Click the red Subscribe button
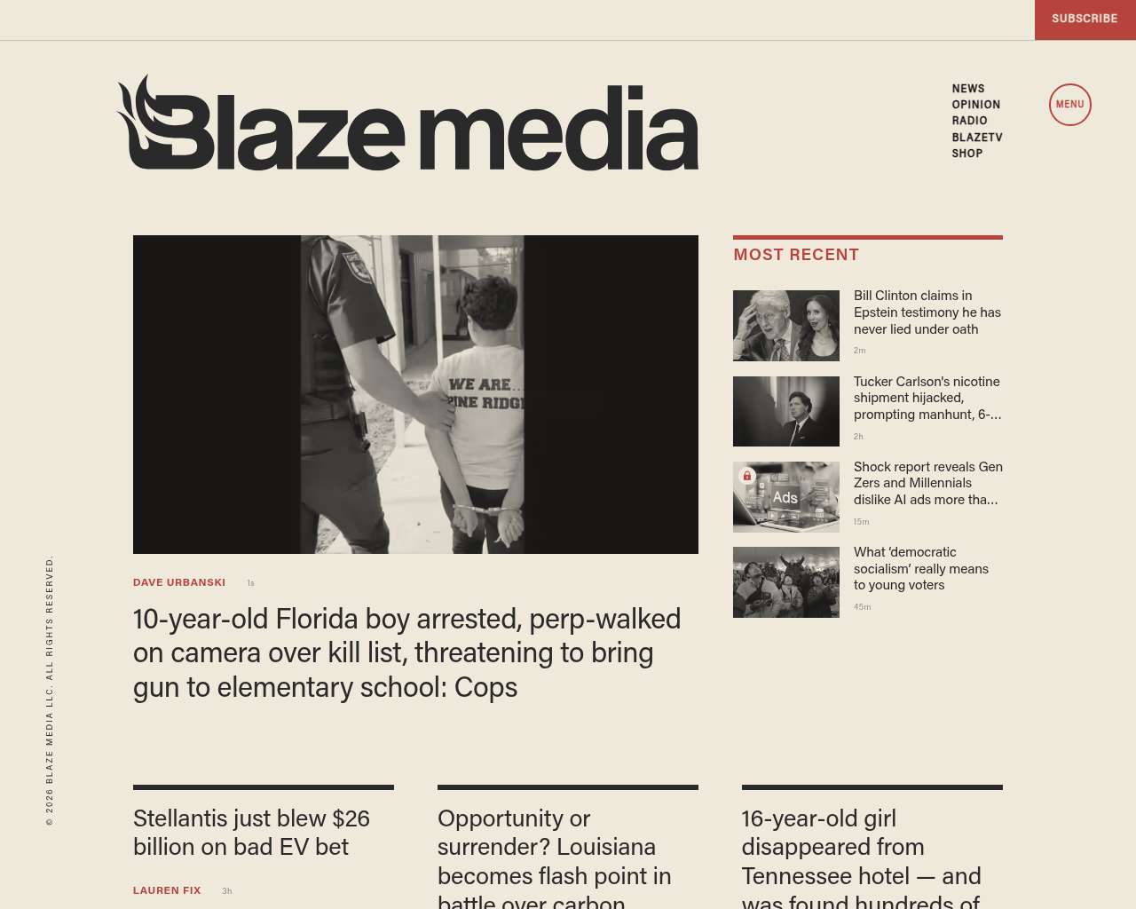click(x=1085, y=19)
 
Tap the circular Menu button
click(x=1069, y=105)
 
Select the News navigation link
click(x=968, y=89)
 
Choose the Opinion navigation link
click(x=975, y=105)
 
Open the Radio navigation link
click(x=969, y=121)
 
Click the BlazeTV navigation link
click(x=976, y=138)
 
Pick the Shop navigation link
click(x=966, y=154)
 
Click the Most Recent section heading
click(x=796, y=255)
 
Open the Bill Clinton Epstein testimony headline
click(x=927, y=312)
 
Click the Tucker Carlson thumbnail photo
click(x=785, y=411)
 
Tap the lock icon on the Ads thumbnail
click(x=747, y=476)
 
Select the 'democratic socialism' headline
click(x=920, y=568)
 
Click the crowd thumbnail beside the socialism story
click(x=785, y=582)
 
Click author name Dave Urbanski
click(x=179, y=583)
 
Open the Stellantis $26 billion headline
click(x=251, y=833)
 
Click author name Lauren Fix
click(x=167, y=890)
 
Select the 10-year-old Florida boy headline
click(x=406, y=652)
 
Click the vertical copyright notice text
click(x=50, y=691)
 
